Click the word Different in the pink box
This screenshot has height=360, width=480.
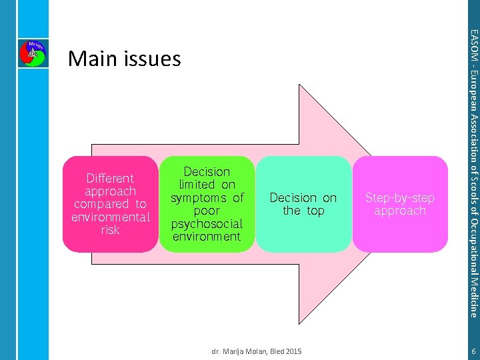click(111, 178)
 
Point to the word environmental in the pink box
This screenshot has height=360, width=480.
click(111, 217)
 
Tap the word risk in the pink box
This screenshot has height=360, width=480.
click(111, 229)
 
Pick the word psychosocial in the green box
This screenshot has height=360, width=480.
click(207, 223)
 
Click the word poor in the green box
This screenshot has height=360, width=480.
click(207, 211)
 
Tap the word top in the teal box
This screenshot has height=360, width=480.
click(315, 211)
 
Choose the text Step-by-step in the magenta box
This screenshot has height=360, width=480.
click(400, 198)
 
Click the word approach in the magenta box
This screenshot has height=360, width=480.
click(400, 211)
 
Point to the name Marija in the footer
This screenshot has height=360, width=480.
click(235, 351)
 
